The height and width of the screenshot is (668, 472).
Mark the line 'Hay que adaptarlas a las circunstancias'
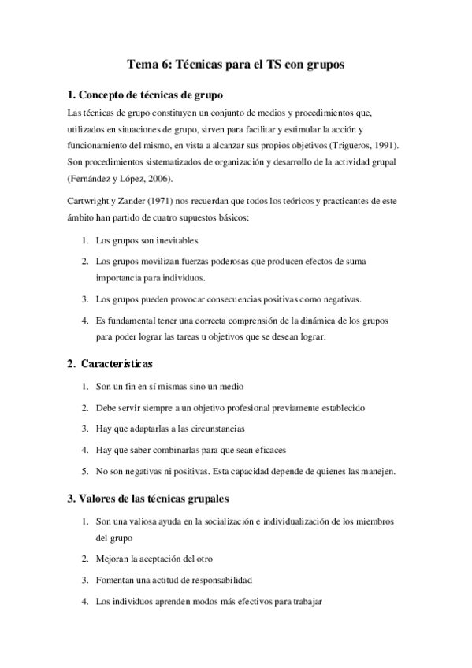click(169, 429)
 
